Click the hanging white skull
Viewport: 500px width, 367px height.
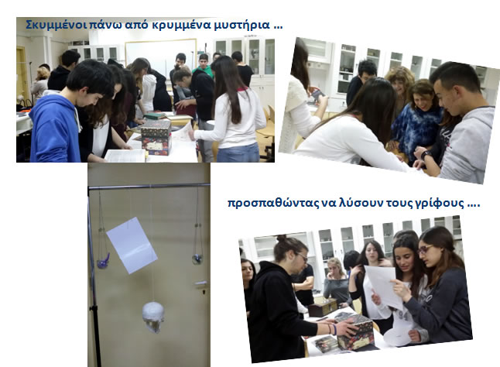153,317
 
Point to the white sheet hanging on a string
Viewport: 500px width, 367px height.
132,245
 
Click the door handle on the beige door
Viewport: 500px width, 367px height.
201,283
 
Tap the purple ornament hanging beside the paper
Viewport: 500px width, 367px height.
104,262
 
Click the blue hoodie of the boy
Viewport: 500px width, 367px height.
55,129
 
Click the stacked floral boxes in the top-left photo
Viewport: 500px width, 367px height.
156,138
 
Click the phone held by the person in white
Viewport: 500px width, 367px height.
317,94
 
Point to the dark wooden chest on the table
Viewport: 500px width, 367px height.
323,307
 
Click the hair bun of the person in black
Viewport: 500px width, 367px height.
281,238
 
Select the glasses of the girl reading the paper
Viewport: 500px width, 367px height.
426,249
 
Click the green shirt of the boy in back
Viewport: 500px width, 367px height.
204,70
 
